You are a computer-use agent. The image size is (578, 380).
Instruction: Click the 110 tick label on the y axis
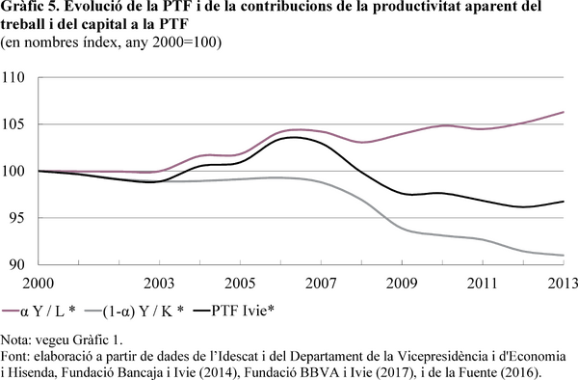pyautogui.click(x=13, y=77)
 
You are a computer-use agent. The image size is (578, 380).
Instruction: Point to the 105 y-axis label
pyautogui.click(x=13, y=124)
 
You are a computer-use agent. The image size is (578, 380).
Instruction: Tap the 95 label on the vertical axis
pyautogui.click(x=16, y=218)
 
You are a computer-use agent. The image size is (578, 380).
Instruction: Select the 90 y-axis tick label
pyautogui.click(x=16, y=264)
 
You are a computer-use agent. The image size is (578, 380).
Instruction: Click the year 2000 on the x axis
pyautogui.click(x=39, y=284)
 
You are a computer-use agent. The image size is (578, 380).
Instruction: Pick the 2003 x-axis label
pyautogui.click(x=159, y=284)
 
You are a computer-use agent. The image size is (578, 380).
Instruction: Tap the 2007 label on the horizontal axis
pyautogui.click(x=321, y=284)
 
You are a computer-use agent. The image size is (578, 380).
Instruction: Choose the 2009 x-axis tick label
pyautogui.click(x=402, y=284)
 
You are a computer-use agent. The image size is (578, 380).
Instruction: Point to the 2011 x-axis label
pyautogui.click(x=483, y=284)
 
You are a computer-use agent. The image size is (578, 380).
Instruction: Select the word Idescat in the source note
pyautogui.click(x=240, y=357)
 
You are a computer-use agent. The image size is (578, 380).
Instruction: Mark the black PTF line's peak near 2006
pyautogui.click(x=294, y=137)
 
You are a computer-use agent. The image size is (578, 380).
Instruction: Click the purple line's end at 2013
pyautogui.click(x=564, y=112)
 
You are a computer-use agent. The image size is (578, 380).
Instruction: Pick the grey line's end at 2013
pyautogui.click(x=564, y=256)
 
